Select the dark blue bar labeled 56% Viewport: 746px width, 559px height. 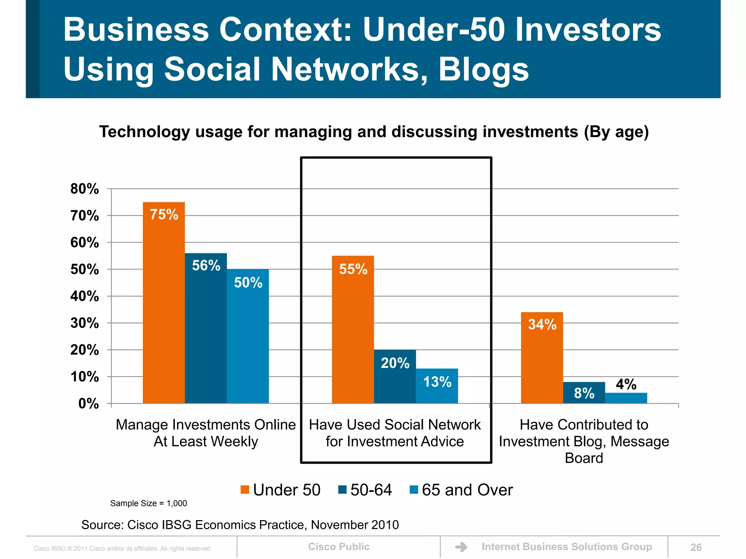pos(206,328)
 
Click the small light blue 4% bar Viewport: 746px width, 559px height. pos(626,398)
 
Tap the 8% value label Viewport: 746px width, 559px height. pos(584,393)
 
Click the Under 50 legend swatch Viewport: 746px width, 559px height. pos(245,490)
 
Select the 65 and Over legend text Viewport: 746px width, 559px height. pos(467,490)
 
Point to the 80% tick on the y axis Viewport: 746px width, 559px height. pos(85,189)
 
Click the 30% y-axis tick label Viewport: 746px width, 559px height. pos(85,323)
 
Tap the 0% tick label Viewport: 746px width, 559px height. pos(88,404)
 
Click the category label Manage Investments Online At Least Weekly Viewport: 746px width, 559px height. pos(206,433)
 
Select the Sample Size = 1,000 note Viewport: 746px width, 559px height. pos(149,503)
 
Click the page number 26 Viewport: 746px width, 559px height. pos(696,547)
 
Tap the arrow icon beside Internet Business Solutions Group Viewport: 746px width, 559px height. pos(461,547)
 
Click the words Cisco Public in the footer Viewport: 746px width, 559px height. pos(339,547)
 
